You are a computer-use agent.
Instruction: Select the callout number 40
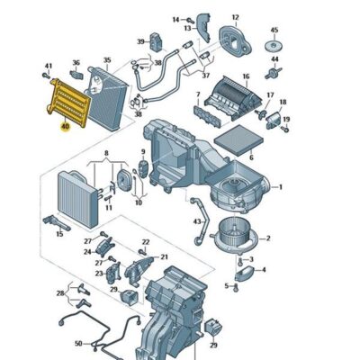[x=63, y=128]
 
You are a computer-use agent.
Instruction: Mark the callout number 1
[x=280, y=187]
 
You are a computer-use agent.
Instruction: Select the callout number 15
[x=59, y=234]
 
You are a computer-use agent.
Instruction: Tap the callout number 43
[x=195, y=221]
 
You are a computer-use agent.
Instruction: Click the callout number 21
[x=166, y=256]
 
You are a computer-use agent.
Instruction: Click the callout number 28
[x=60, y=292]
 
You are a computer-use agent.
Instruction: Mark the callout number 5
[x=227, y=285]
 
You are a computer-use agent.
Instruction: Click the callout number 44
[x=275, y=59]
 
